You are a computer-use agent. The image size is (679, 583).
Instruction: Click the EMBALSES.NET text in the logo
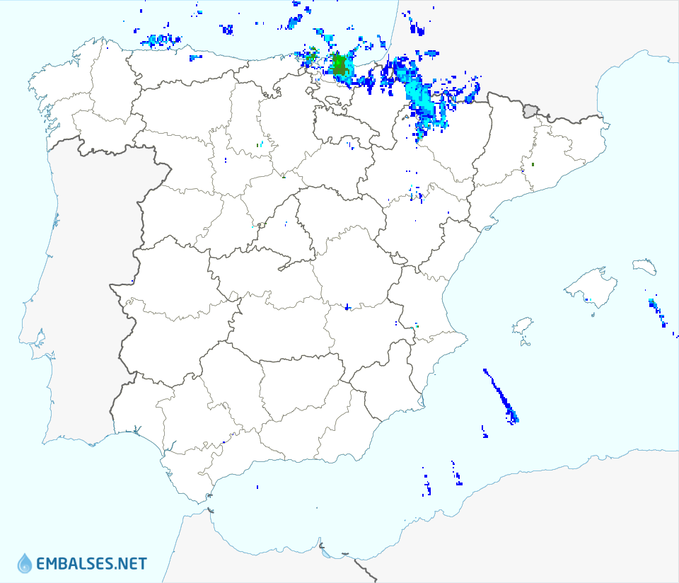click(91, 564)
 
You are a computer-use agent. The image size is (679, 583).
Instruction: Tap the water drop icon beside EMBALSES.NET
click(25, 563)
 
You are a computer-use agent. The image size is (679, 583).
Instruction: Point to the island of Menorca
click(644, 267)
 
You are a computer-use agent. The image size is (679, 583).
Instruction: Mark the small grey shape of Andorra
click(530, 110)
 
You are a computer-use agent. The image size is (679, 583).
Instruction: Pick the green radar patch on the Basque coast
click(340, 66)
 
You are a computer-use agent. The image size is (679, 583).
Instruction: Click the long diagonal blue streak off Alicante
click(499, 394)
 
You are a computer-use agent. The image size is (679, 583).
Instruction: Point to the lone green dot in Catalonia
click(533, 164)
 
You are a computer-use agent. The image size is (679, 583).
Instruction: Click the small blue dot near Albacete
click(347, 307)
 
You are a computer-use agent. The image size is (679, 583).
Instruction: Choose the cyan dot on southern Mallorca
click(588, 301)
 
